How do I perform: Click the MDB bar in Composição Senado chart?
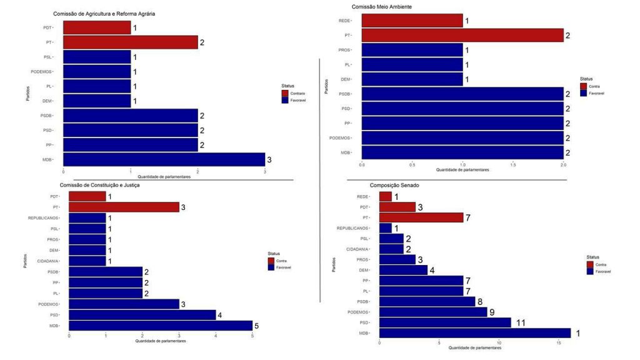[x=475, y=333]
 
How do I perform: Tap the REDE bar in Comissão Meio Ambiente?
[x=412, y=21]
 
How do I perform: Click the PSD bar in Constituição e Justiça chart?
[x=142, y=315]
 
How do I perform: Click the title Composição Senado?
[x=396, y=186]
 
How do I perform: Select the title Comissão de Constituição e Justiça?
[x=99, y=186]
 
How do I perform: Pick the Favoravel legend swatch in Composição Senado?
[x=591, y=271]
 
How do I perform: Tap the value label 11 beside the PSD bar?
[x=521, y=322]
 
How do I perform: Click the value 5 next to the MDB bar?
[x=256, y=326]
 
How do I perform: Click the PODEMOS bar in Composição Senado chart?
[x=433, y=312]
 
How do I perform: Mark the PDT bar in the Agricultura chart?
[x=97, y=28]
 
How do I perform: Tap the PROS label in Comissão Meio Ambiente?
[x=344, y=50]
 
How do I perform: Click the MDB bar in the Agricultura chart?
[x=164, y=160]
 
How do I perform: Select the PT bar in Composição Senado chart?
[x=421, y=217]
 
